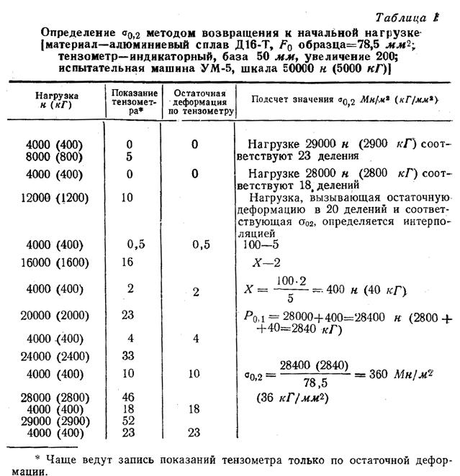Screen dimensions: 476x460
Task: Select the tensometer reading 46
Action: tap(129, 396)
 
